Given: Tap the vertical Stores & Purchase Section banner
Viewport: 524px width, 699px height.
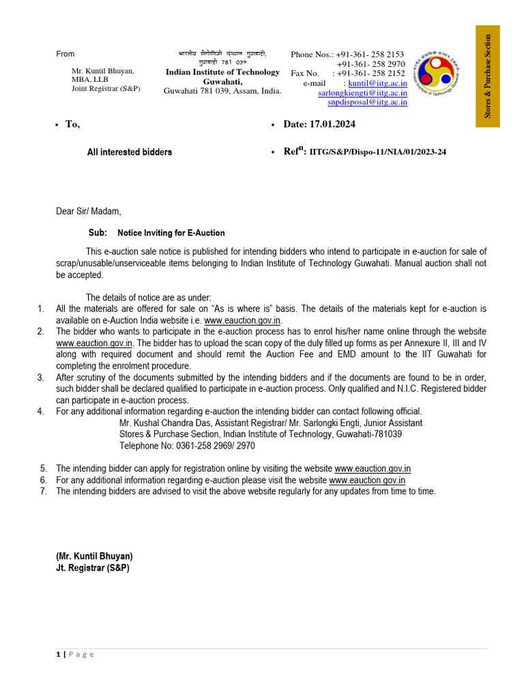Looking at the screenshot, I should pyautogui.click(x=488, y=76).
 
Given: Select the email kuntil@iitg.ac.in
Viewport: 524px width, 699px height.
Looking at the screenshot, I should pyautogui.click(x=377, y=83).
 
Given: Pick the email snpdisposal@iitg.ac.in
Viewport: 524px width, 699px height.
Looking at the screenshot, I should pyautogui.click(x=367, y=102).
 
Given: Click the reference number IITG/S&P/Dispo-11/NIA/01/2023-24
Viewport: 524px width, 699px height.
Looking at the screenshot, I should pyautogui.click(x=377, y=152).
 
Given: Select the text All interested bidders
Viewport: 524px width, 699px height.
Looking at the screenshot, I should pyautogui.click(x=129, y=152).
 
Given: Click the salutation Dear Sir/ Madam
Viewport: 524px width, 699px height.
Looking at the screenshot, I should pyautogui.click(x=88, y=212).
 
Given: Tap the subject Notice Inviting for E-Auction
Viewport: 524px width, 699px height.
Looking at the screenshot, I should pyautogui.click(x=171, y=233).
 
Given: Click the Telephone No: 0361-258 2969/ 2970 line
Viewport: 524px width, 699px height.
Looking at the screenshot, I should pyautogui.click(x=187, y=445).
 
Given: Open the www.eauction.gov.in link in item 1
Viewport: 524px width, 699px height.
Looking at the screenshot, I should pyautogui.click(x=242, y=320).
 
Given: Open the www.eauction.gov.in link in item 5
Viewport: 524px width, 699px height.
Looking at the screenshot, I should pyautogui.click(x=373, y=468).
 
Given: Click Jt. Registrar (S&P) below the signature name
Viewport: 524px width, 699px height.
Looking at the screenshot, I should pyautogui.click(x=92, y=568).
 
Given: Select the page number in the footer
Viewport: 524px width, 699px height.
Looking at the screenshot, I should pyautogui.click(x=58, y=654).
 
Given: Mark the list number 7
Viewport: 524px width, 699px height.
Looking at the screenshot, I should pyautogui.click(x=43, y=491).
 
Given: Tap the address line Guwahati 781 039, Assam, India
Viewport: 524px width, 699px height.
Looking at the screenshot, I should pyautogui.click(x=222, y=91).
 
